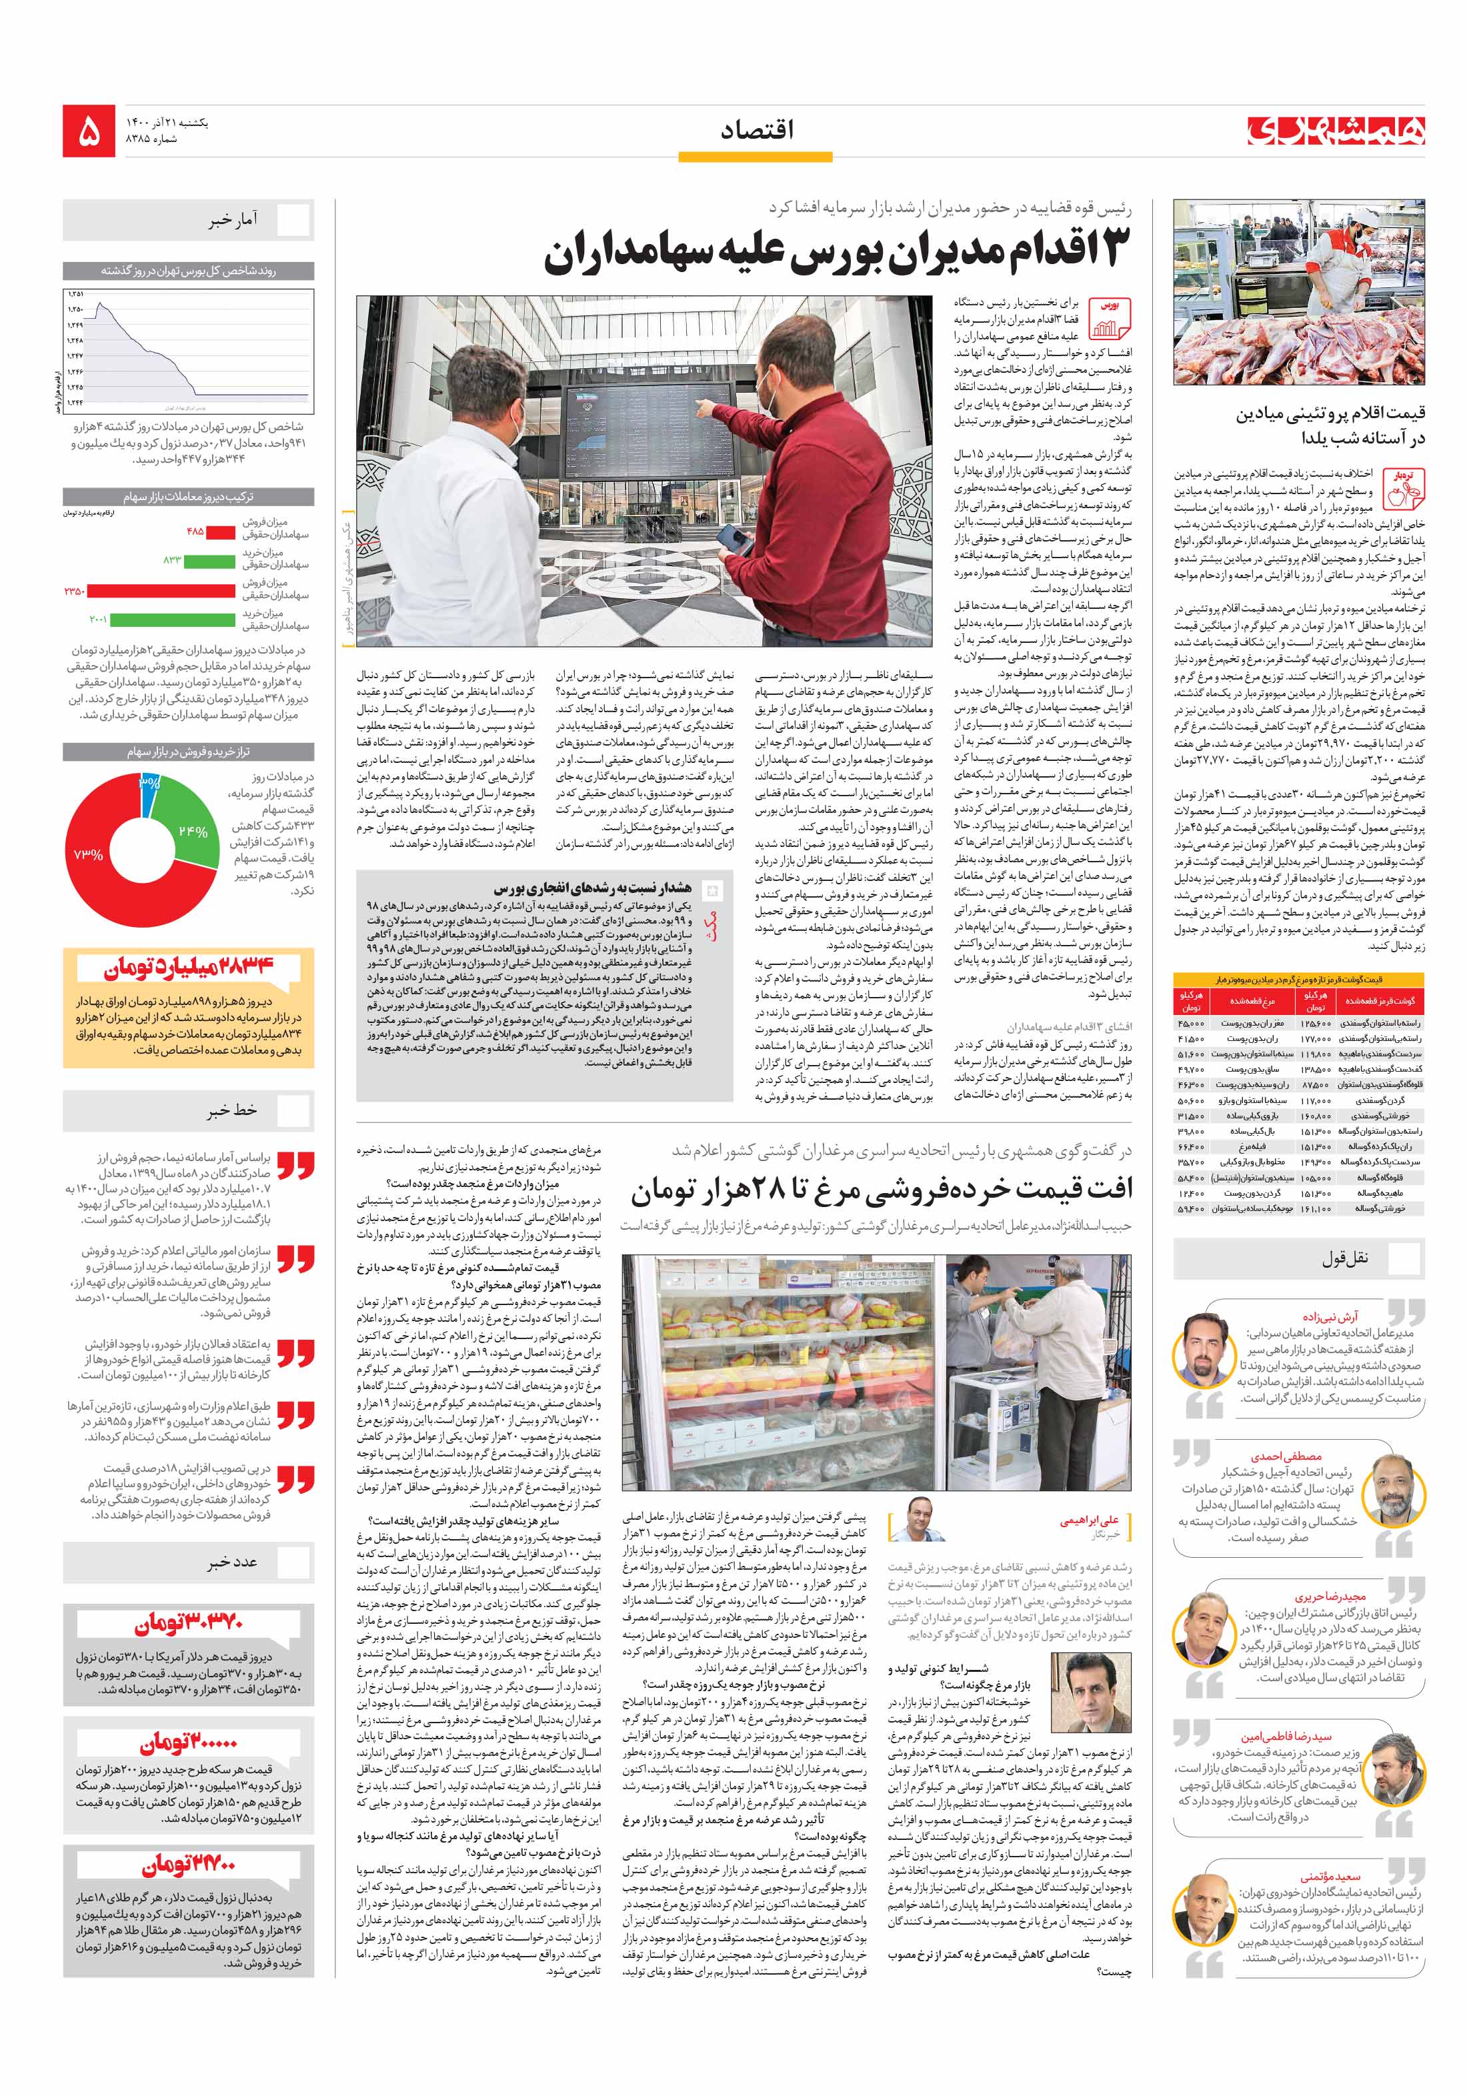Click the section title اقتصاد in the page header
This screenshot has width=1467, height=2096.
[756, 131]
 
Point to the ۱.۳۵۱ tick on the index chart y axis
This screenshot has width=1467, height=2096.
[75, 294]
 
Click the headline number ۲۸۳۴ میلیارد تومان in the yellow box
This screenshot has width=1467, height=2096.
[187, 968]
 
